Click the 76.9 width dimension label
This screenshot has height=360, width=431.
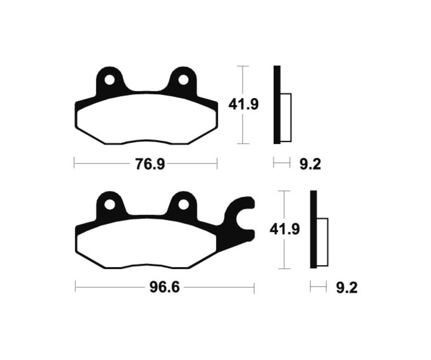pos(150,164)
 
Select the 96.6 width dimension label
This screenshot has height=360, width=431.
pos(161,289)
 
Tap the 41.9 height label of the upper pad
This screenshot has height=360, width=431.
pos(243,104)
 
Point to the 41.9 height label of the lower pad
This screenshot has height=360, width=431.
pos(284,229)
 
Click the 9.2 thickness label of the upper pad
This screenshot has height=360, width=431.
pos(310,164)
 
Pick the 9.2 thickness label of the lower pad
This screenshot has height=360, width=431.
pos(347,288)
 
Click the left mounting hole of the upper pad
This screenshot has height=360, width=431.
pos(110,79)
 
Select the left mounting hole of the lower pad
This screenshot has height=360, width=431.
pos(110,204)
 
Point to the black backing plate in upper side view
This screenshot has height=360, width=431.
pos(277,104)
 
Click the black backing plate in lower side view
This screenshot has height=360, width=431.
pos(314,229)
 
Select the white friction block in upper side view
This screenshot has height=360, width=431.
pos(285,117)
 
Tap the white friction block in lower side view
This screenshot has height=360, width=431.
pos(322,242)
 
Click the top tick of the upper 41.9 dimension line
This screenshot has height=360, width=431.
pos(243,66)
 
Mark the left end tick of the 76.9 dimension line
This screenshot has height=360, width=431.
pos(74,164)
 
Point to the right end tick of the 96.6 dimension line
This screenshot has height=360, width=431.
pos(254,288)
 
